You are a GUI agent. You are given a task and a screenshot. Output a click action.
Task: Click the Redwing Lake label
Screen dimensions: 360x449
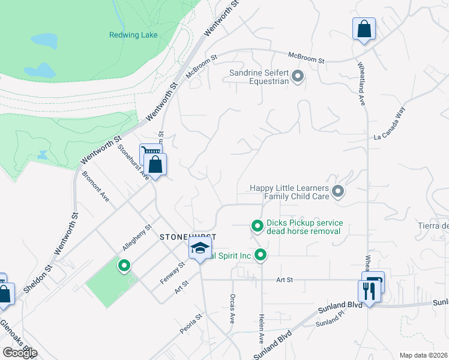click(133, 35)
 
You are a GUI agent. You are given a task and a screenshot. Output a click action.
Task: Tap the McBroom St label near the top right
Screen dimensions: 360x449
click(306, 58)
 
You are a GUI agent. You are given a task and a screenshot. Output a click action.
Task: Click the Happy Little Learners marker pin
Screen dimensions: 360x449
click(338, 192)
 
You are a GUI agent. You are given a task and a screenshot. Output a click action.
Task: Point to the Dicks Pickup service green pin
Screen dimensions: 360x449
click(257, 226)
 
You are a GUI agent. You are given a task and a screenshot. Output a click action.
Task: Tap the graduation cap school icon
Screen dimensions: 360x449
click(199, 248)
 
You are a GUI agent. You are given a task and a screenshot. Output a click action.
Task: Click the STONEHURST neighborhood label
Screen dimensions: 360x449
click(187, 237)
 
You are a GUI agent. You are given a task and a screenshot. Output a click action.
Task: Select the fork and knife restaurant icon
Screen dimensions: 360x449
click(367, 291)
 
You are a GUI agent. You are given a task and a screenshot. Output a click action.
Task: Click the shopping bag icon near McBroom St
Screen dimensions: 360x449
click(364, 28)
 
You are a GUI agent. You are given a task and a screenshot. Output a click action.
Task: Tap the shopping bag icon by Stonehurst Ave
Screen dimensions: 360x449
click(155, 164)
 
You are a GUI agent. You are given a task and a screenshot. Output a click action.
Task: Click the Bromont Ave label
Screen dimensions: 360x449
click(96, 188)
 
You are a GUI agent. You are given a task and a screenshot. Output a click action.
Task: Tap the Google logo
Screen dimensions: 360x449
click(20, 352)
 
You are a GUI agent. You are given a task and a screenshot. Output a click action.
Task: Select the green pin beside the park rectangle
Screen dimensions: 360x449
click(124, 265)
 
